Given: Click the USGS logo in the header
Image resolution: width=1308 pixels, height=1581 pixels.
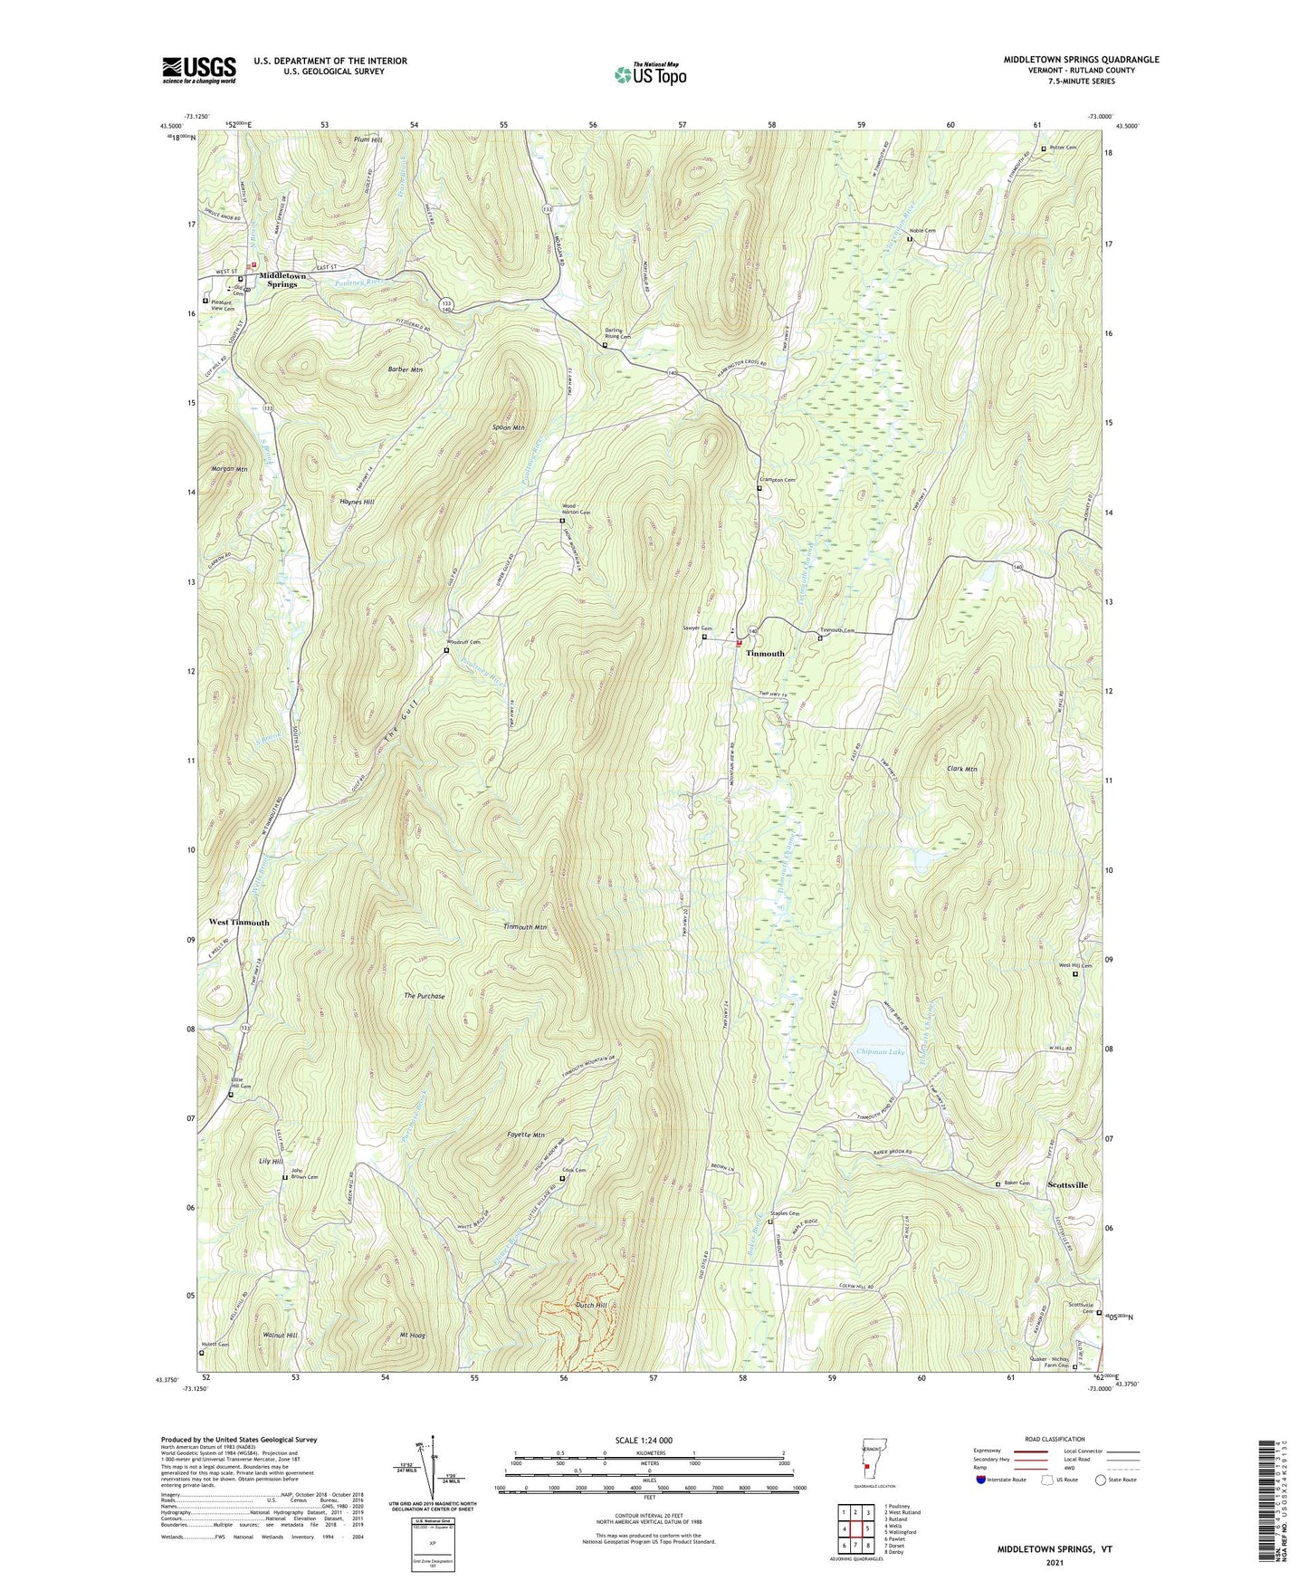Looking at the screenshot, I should point(199,70).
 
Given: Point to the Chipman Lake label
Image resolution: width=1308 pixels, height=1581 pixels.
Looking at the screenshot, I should point(880,1052).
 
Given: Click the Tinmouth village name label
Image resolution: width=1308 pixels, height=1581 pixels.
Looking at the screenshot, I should point(765,653).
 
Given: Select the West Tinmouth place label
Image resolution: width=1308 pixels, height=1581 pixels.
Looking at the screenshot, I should point(239,923).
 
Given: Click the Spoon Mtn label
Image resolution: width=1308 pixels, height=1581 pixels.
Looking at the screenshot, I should point(508,427).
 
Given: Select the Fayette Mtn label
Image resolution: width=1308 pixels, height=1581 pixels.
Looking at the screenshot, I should point(525,1135).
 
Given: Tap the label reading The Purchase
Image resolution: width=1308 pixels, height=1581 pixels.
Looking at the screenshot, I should point(425,996).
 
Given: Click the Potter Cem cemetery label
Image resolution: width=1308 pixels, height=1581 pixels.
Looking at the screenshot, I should point(1063,148).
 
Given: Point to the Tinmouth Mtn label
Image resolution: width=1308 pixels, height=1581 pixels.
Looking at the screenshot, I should point(525,927).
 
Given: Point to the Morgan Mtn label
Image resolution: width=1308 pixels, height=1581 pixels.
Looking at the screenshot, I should point(229,469).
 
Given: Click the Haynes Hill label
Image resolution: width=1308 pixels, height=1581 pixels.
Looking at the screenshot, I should point(357,502).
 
